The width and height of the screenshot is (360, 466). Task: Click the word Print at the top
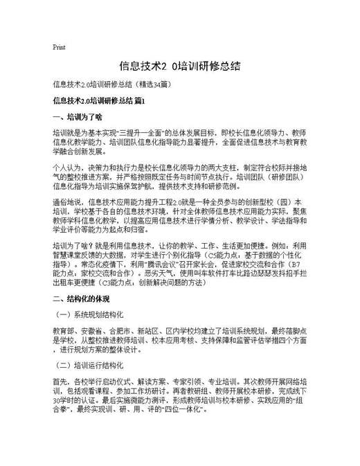[59, 47]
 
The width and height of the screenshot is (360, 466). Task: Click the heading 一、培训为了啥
[77, 116]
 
